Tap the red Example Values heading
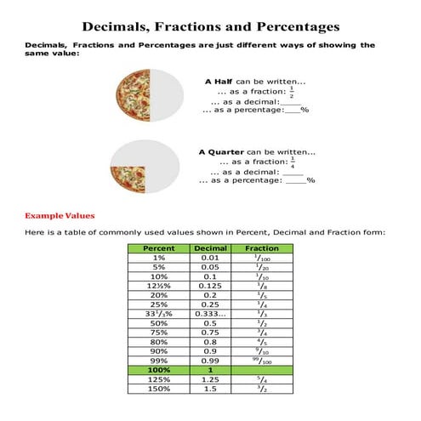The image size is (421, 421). [60, 215]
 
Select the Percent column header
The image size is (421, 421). [160, 248]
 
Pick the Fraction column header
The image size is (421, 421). [262, 248]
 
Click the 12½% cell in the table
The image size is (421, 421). [160, 286]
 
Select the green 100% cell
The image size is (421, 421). [160, 370]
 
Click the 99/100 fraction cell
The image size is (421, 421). [262, 361]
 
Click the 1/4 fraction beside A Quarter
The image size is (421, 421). [293, 161]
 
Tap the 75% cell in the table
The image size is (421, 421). [160, 333]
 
